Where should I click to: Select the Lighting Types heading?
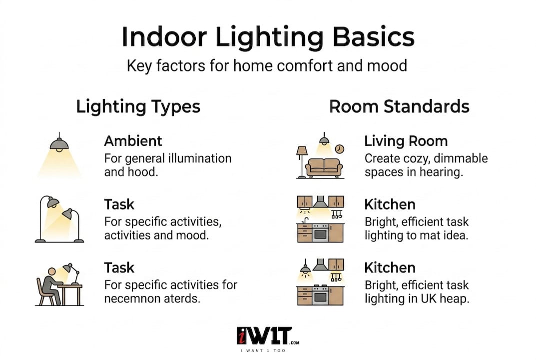[x=138, y=106]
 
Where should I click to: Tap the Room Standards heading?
[x=399, y=106]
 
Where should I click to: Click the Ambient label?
[x=133, y=141]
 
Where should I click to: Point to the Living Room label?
[x=406, y=141]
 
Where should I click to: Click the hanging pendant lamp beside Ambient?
[x=59, y=144]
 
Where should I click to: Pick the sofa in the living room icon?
[x=324, y=167]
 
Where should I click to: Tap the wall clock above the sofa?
[x=340, y=149]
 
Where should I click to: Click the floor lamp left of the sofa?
[x=301, y=160]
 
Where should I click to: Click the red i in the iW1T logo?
[x=241, y=335]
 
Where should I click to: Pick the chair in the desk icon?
[x=43, y=291]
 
